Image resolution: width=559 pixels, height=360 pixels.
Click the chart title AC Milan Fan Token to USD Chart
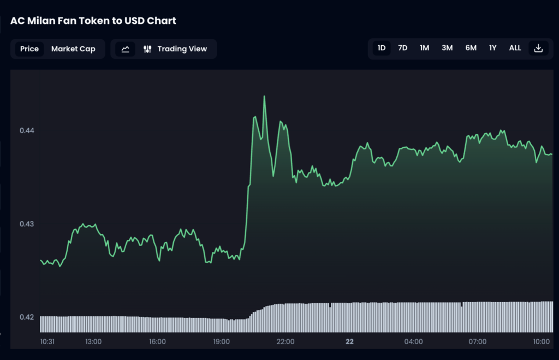(x=93, y=21)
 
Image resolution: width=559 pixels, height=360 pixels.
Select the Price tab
(x=29, y=49)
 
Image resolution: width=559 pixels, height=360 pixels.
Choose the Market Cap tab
(x=73, y=49)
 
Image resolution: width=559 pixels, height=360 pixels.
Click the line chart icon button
(x=125, y=49)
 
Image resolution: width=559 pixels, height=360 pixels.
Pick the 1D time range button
(x=382, y=48)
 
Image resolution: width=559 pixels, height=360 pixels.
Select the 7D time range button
(x=403, y=48)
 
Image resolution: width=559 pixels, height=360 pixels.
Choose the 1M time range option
(x=424, y=48)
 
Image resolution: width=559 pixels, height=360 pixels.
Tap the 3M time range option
(x=447, y=48)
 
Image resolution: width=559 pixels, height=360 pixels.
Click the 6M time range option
(x=471, y=48)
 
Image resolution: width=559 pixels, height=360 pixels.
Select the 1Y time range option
(x=492, y=48)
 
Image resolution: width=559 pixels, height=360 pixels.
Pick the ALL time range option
(x=515, y=48)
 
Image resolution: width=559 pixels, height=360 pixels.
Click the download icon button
(x=538, y=48)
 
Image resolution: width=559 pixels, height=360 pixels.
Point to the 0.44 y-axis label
(x=27, y=130)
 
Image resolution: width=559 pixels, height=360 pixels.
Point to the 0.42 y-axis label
(x=27, y=317)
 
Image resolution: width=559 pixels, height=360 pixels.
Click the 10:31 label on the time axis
(x=47, y=341)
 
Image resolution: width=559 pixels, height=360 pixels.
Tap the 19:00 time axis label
(x=221, y=341)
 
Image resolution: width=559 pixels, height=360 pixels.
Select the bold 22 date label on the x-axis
(x=349, y=341)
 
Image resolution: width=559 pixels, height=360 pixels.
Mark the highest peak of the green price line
(x=264, y=97)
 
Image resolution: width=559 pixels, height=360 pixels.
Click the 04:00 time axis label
(x=413, y=341)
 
